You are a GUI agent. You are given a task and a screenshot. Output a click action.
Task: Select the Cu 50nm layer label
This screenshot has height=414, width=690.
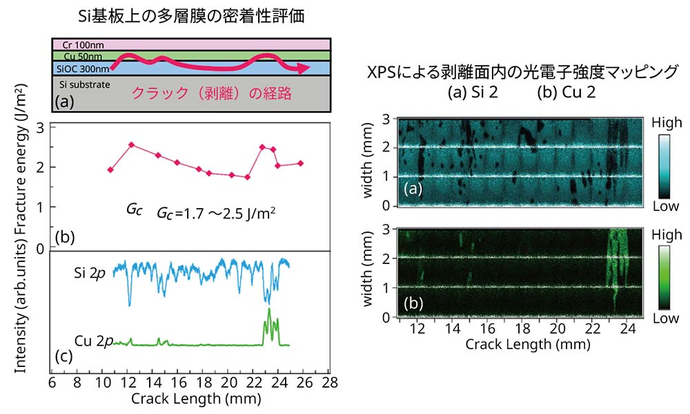pos(78,56)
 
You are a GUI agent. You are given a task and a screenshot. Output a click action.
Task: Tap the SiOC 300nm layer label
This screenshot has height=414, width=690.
pos(82,68)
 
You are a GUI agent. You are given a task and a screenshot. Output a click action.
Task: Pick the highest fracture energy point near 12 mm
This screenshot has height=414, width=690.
pos(131,144)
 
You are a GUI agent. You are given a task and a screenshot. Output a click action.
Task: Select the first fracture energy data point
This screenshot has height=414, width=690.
pos(110,169)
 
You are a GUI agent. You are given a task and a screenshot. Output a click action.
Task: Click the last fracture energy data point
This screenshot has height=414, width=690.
pos(300,163)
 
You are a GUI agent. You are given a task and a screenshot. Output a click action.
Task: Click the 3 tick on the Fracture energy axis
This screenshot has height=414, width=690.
pos(41,127)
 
